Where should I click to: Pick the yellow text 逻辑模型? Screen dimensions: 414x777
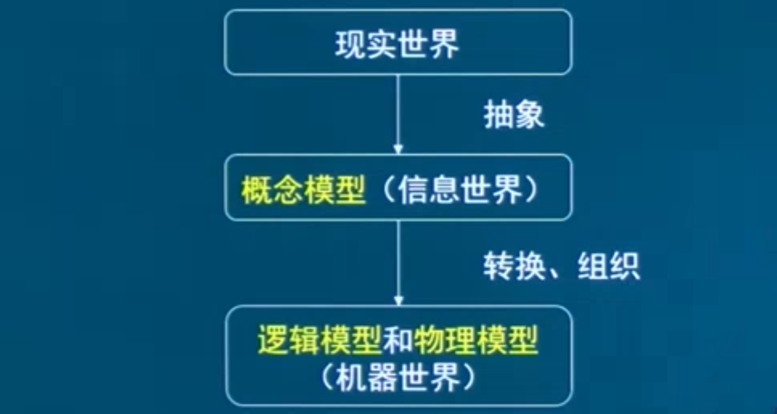(319, 341)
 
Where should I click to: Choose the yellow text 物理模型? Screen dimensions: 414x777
(476, 341)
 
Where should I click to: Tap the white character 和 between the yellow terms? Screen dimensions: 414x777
(398, 341)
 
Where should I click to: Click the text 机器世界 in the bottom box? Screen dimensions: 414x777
(398, 378)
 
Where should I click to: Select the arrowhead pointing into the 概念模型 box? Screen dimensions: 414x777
(398, 149)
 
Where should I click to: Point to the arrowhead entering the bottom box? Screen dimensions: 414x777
(398, 300)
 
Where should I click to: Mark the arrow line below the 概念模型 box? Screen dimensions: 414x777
(398, 259)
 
